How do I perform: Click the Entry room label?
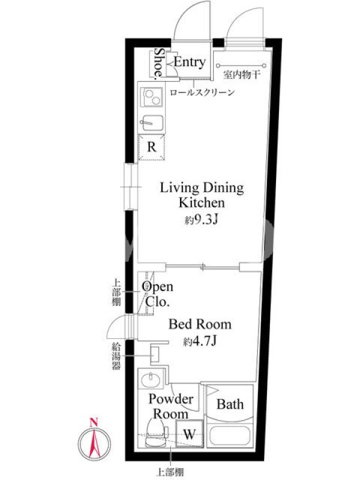pos(190,62)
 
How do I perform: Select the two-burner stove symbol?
pos(152,97)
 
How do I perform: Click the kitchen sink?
pos(152,123)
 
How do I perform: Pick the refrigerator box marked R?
pos(152,147)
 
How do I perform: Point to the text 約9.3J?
pos(201,220)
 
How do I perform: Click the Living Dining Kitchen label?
pos(202,194)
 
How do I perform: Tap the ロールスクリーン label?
pos(202,92)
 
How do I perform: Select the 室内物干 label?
pos(242,74)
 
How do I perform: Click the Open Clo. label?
pos(157,294)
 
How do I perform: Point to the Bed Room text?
pos(200,324)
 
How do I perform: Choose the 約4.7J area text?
pos(200,341)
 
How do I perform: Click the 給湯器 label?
pos(116,356)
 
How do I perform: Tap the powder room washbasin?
pos(151,379)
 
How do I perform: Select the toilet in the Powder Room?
pos(156,432)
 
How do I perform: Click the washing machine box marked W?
pos(190,434)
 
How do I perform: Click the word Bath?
pos(230,404)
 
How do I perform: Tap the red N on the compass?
pos(94,422)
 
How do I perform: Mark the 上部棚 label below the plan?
pos(170,472)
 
